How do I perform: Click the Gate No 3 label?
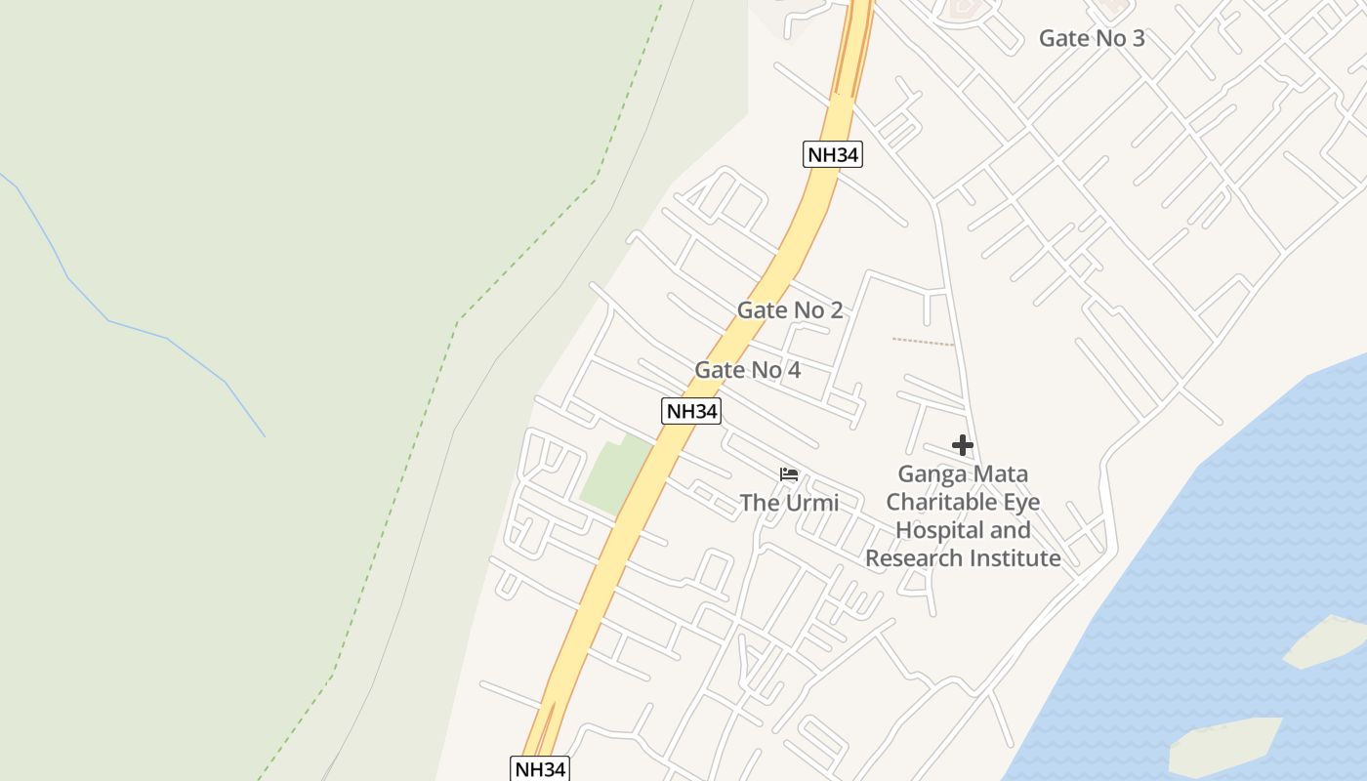pos(1091,38)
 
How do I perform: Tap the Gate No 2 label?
pos(789,310)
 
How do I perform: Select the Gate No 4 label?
pos(747,370)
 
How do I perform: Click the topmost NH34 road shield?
pos(833,154)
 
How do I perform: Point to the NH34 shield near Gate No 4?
pos(691,411)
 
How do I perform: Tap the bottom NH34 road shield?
pos(539,768)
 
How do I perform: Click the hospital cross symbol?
pos(963,445)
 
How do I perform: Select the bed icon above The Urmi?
pos(789,475)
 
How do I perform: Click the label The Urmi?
pos(789,503)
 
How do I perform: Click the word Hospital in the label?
pos(938,530)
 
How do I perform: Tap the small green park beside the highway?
pos(614,475)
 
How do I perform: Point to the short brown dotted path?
pos(923,342)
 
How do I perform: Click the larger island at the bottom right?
pos(1224,746)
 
